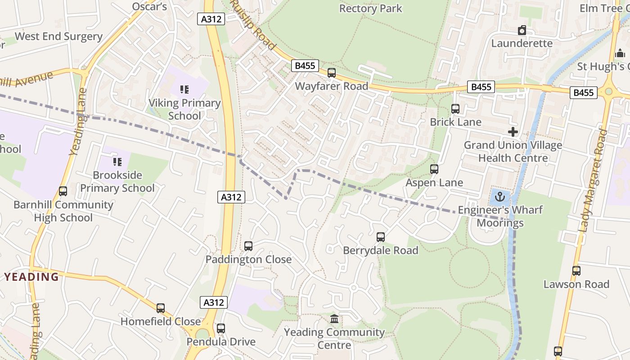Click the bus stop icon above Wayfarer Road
332,72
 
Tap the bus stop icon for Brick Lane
455,108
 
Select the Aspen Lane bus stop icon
434,169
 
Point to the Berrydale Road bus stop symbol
381,237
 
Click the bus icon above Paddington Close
248,246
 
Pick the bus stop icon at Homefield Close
161,308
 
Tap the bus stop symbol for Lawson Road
576,271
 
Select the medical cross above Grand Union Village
513,132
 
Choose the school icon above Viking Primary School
184,90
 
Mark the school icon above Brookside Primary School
117,162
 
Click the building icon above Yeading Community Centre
334,319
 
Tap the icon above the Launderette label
522,30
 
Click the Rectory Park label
371,9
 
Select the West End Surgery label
58,36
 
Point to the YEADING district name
32,277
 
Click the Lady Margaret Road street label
594,180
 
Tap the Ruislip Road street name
253,25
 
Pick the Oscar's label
149,6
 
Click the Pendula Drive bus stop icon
221,328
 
